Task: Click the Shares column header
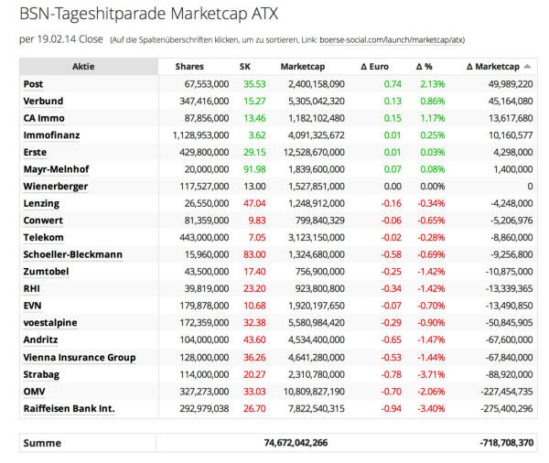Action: tap(188, 67)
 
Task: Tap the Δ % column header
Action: tap(424, 67)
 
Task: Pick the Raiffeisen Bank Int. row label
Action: tap(69, 408)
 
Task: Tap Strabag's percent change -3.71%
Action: tap(429, 374)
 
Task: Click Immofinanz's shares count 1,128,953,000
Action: tap(195, 135)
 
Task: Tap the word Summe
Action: tap(42, 443)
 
